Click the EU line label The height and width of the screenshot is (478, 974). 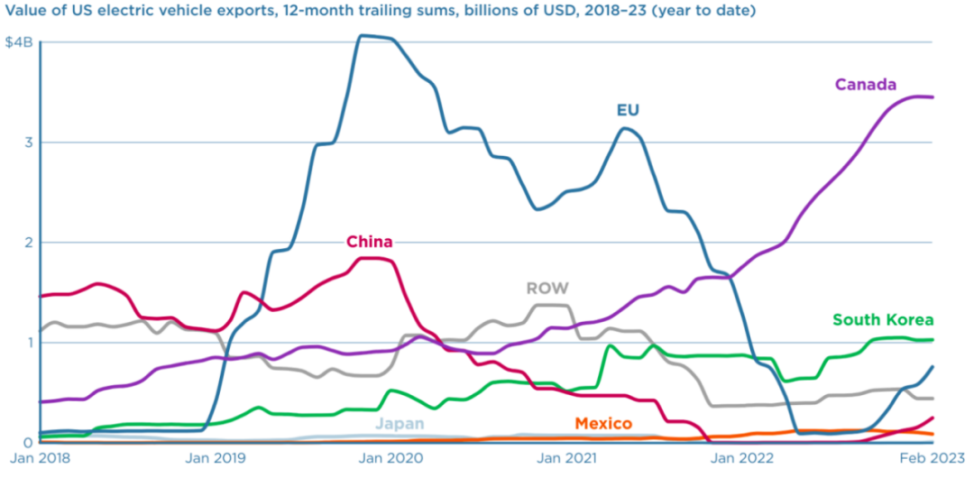(x=628, y=110)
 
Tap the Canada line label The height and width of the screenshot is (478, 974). (x=865, y=85)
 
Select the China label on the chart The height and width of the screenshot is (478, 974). (x=370, y=241)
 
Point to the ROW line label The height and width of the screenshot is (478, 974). (x=547, y=289)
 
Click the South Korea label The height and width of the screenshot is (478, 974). (x=882, y=319)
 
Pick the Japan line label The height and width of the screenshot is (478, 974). (x=400, y=423)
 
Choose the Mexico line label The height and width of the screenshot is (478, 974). (x=602, y=423)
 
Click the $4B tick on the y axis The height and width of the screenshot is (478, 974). (x=19, y=42)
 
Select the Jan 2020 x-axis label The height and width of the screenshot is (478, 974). (x=391, y=458)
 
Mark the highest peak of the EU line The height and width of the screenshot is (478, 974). (x=361, y=36)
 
